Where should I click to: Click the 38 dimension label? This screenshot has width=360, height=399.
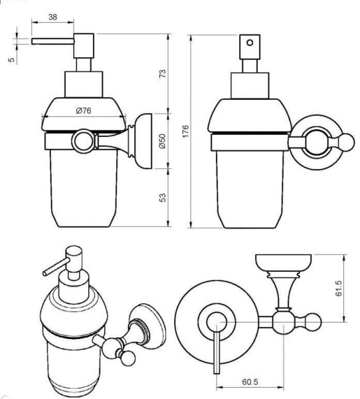coord(52,17)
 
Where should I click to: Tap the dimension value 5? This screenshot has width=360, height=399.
coord(12,60)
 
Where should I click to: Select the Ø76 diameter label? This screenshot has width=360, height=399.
coord(84,110)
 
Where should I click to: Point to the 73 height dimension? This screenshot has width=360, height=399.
coord(163,74)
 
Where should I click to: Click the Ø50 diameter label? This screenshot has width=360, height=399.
coord(162,141)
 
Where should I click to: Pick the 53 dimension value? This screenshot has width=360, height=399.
coord(163,198)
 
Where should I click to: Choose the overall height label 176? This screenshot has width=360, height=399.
coord(186,131)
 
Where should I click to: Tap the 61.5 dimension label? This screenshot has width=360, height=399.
coord(339,289)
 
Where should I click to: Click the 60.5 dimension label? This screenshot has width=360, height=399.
coord(250,382)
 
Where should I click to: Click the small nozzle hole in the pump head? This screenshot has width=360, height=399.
coord(250,43)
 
